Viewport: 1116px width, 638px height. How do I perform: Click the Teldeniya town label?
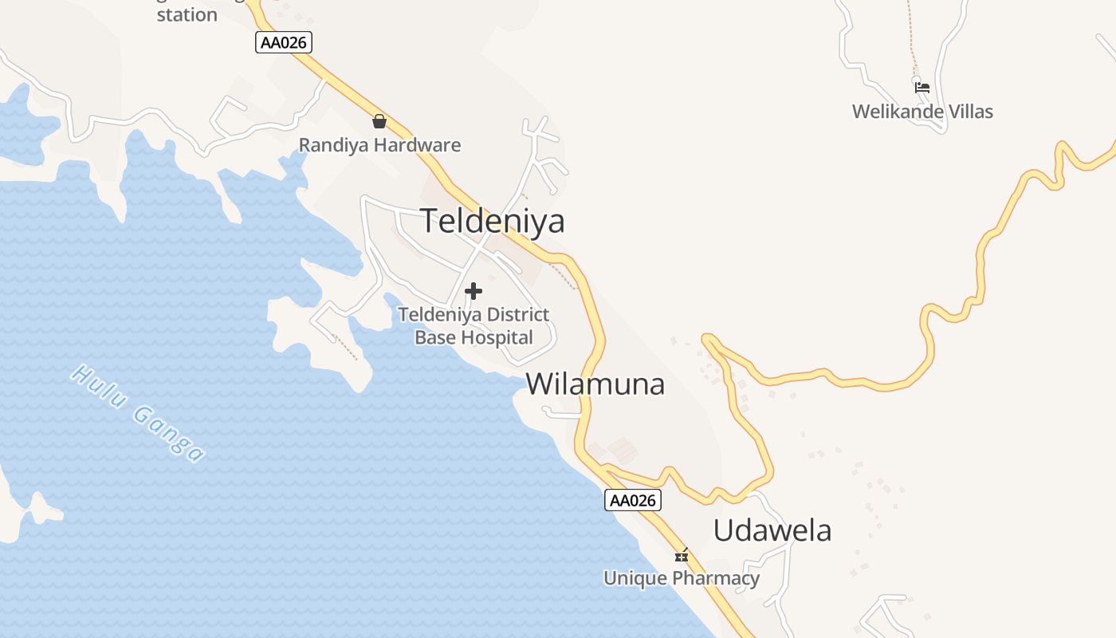pyautogui.click(x=493, y=221)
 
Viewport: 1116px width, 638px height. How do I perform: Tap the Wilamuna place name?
pyautogui.click(x=595, y=384)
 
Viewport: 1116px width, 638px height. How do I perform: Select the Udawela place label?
pyautogui.click(x=772, y=530)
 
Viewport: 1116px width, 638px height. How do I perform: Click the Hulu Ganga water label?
pyautogui.click(x=138, y=412)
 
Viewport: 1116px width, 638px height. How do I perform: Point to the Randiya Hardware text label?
pyautogui.click(x=379, y=145)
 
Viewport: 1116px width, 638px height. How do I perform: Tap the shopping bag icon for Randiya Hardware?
pyautogui.click(x=379, y=121)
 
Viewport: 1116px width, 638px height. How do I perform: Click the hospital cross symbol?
pyautogui.click(x=474, y=291)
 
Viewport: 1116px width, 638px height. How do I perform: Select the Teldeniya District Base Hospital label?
pyautogui.click(x=474, y=325)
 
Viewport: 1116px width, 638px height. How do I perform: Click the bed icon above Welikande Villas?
pyautogui.click(x=922, y=87)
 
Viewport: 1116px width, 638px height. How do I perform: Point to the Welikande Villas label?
pyautogui.click(x=922, y=112)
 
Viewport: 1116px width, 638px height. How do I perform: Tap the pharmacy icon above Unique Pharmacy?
pyautogui.click(x=682, y=555)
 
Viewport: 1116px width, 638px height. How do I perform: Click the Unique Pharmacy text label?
pyautogui.click(x=682, y=578)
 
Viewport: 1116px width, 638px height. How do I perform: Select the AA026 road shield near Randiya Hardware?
pyautogui.click(x=284, y=42)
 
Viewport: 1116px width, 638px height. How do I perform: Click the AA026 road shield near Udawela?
pyautogui.click(x=633, y=500)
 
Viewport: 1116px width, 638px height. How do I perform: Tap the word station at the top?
pyautogui.click(x=187, y=14)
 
